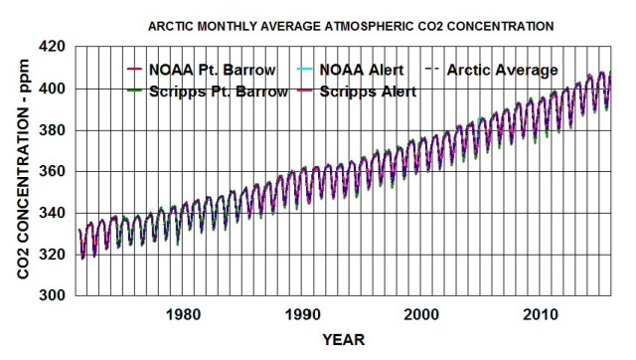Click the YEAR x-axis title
coord(344,339)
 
